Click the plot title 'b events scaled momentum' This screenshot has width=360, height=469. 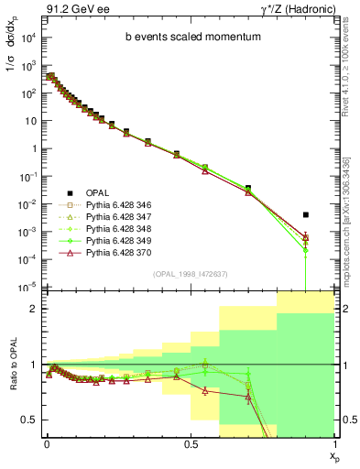[186, 38]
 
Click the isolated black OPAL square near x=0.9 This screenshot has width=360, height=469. [306, 214]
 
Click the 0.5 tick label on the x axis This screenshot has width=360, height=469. [190, 442]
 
